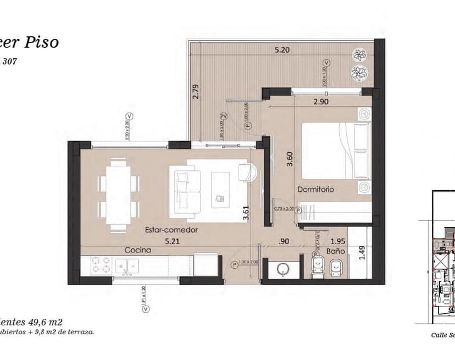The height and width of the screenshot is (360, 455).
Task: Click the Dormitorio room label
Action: [316, 190]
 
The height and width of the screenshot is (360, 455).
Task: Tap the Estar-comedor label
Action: [171, 230]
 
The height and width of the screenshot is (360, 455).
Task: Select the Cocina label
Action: [137, 250]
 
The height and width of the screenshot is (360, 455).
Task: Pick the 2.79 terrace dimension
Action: [195, 91]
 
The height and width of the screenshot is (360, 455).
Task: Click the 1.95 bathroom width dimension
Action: [338, 241]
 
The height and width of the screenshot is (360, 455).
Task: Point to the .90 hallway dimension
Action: [285, 241]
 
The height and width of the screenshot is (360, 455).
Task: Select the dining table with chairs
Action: [118, 193]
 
